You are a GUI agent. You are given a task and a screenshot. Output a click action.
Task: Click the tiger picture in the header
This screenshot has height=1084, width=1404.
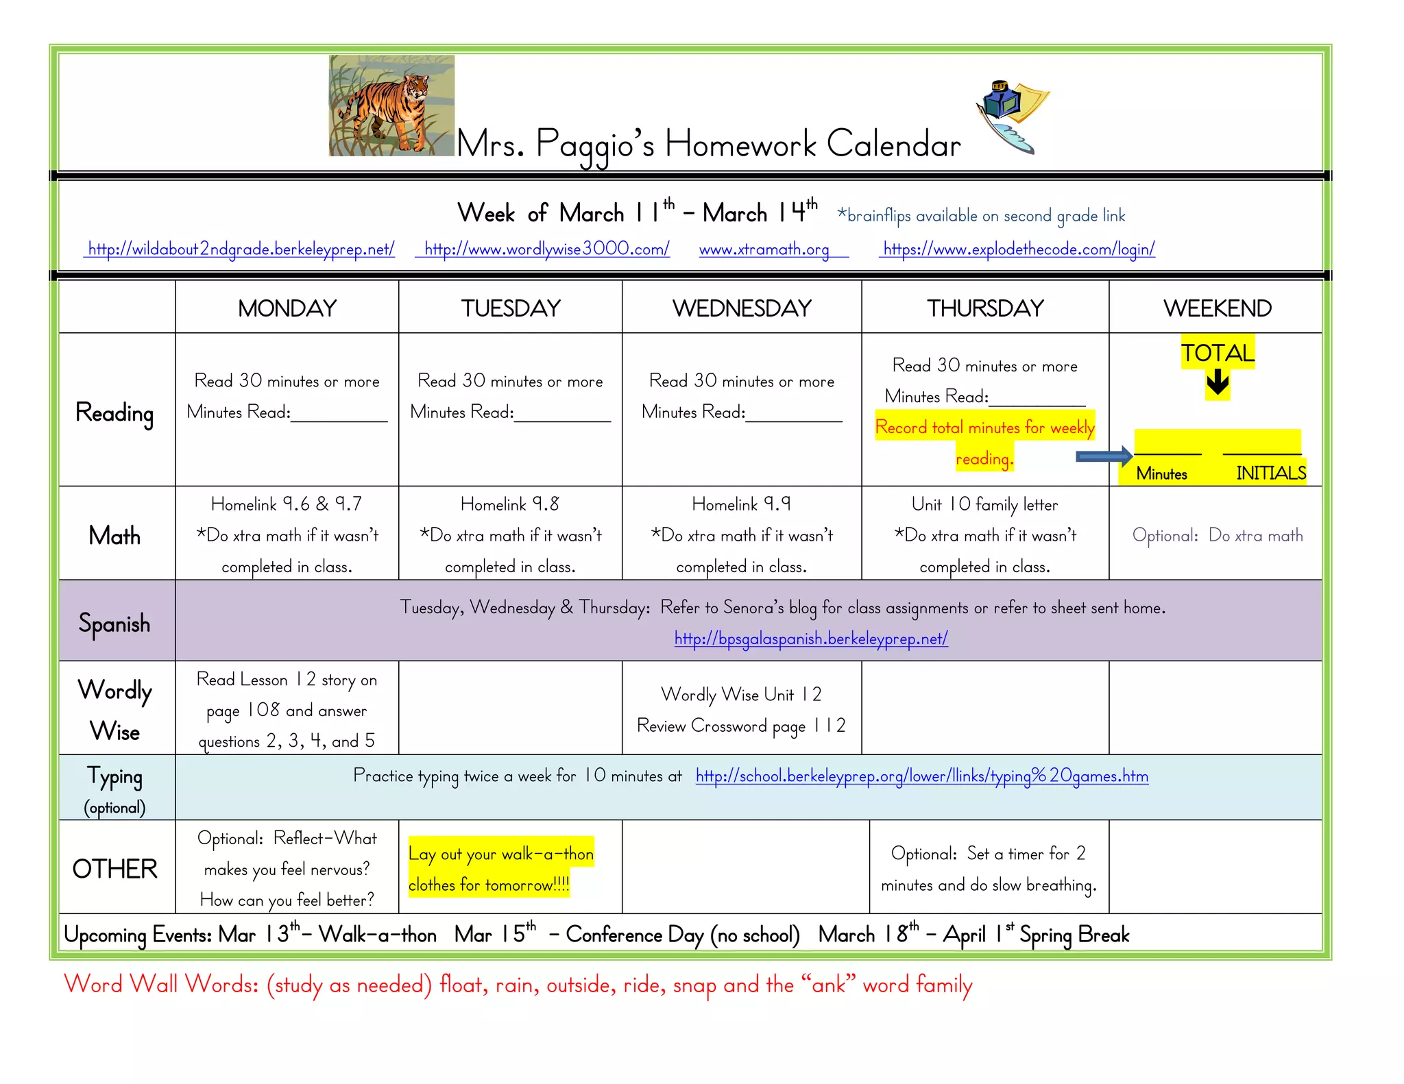[x=391, y=106]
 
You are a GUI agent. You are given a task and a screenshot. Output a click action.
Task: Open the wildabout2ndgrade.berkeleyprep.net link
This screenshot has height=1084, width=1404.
[x=241, y=249]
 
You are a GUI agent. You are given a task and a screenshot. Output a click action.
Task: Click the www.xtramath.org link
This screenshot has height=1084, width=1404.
[x=764, y=249]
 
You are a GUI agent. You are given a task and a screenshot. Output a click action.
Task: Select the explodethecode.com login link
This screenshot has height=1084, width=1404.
[x=1019, y=249]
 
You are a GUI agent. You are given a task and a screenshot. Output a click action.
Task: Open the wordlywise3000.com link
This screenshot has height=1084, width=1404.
[x=546, y=249]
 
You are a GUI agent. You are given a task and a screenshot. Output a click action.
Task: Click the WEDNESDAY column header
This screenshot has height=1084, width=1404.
[x=742, y=308]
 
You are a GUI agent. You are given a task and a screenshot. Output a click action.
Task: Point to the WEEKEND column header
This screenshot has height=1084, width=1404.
[x=1217, y=308]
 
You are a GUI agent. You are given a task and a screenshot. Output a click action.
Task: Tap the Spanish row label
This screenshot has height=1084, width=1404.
[x=114, y=624]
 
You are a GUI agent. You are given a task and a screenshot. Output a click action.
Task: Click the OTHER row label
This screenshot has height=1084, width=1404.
[x=114, y=869]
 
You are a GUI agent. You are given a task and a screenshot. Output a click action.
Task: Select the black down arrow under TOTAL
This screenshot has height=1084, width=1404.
[x=1218, y=382]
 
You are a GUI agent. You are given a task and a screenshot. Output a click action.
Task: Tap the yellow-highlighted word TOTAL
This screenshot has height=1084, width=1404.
[x=1218, y=353]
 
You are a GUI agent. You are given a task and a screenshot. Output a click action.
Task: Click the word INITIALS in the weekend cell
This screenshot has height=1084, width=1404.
[x=1270, y=473]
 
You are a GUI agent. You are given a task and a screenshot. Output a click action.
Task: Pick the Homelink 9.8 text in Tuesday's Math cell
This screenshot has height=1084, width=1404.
[x=509, y=504]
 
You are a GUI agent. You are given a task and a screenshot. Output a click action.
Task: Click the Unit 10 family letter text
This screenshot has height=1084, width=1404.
[x=984, y=505]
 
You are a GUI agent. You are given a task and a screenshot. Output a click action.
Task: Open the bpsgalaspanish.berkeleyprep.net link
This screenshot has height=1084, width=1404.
[x=811, y=639]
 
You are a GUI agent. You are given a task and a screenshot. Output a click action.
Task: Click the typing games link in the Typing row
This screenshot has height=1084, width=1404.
[x=921, y=776]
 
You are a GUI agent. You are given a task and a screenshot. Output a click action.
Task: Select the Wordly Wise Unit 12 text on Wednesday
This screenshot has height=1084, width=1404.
[x=741, y=695]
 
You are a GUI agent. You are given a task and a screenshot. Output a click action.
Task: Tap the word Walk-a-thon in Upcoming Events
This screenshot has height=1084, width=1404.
[x=378, y=935]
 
